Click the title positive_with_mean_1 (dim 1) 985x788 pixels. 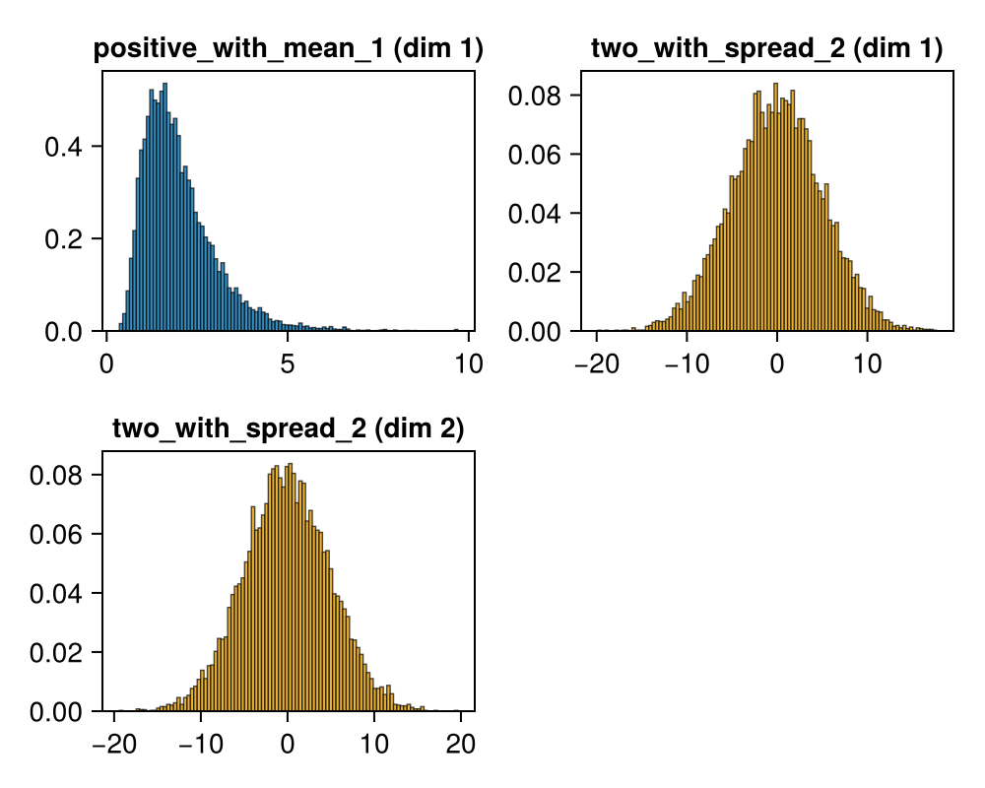pos(288,50)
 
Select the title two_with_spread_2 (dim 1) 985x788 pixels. pos(766,48)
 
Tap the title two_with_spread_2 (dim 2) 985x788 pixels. pos(288,428)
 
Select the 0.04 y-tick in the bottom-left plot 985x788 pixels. pos(55,594)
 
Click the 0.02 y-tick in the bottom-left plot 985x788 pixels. pos(55,653)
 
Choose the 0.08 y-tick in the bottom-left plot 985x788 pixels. pos(55,475)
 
